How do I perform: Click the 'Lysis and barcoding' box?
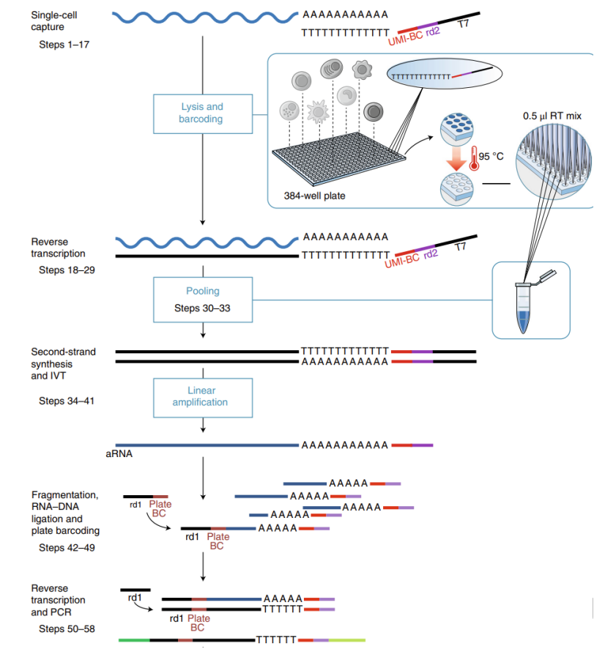[x=201, y=112]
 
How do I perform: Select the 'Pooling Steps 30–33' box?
[x=202, y=299]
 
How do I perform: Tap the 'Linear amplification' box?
[x=201, y=396]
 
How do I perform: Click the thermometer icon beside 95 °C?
[x=474, y=160]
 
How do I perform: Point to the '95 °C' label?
[x=491, y=156]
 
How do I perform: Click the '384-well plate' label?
[x=313, y=196]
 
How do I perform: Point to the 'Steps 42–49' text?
[x=66, y=547]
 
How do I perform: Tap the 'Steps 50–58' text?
[x=66, y=628]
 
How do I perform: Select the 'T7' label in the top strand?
[x=462, y=24]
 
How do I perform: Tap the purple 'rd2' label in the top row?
[x=432, y=31]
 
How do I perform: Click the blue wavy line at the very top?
[x=205, y=14]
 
